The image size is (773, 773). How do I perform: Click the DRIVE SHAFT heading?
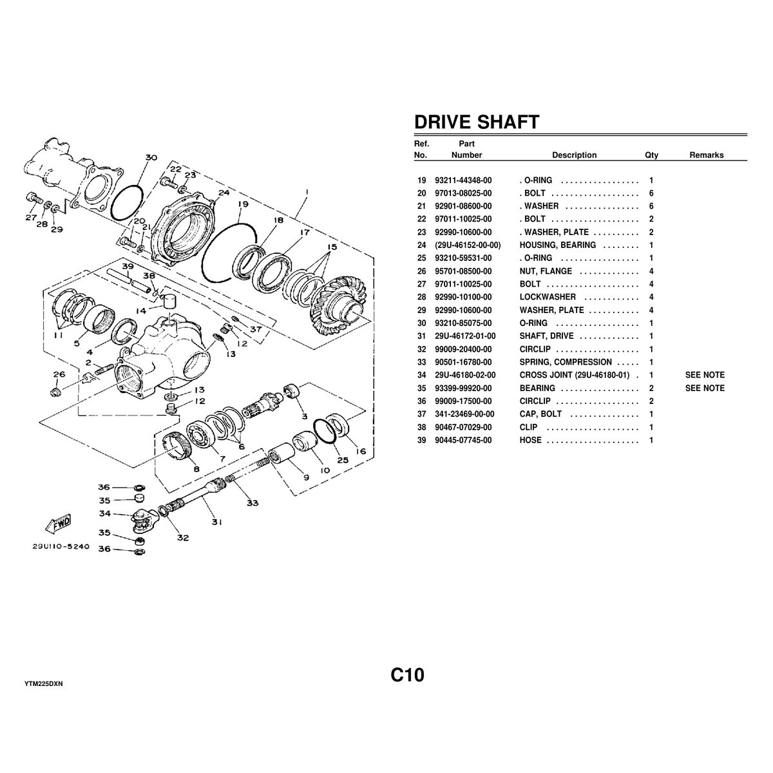tap(476, 122)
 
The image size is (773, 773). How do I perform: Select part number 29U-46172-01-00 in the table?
tap(465, 336)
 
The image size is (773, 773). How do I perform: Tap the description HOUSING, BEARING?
tap(557, 245)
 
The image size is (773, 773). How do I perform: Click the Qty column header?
tap(651, 155)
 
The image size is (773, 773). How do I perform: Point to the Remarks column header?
tap(706, 155)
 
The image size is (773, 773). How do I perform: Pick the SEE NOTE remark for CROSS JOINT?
tap(705, 375)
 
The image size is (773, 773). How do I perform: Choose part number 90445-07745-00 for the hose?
tap(463, 441)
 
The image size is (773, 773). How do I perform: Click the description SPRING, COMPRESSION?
tap(566, 362)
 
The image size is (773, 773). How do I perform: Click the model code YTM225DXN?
tap(43, 683)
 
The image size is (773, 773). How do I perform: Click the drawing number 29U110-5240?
tap(62, 545)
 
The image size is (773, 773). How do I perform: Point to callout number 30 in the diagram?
tap(151, 158)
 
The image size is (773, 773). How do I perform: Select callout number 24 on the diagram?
tap(224, 192)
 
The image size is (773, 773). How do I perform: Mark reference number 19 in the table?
tap(422, 181)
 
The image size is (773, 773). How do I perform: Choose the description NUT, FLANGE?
tap(546, 271)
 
